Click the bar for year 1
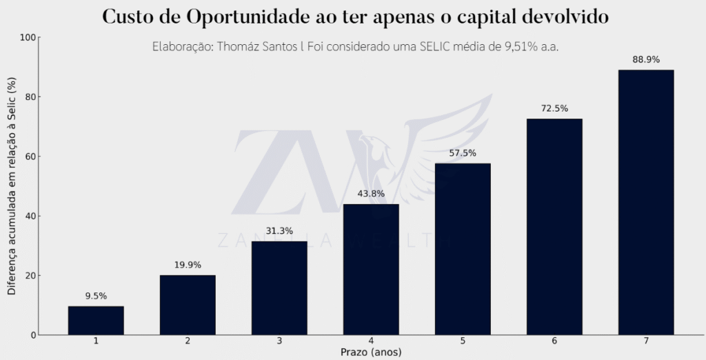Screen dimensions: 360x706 pos(96,321)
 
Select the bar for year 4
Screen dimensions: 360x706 pos(371,269)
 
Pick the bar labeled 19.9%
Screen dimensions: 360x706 pos(188,305)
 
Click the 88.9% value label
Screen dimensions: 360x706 pos(646,60)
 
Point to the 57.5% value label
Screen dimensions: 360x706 pos(463,153)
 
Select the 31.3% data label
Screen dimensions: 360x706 pos(279,231)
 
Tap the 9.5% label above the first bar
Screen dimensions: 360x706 pos(96,296)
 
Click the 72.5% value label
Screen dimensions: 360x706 pos(554,108)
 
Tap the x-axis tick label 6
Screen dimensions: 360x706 pos(554,341)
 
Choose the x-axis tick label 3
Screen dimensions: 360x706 pos(279,341)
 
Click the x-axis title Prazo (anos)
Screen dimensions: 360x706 pos(371,352)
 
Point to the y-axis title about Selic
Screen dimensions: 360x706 pos(12,186)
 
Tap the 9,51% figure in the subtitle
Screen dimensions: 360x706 pos(507,47)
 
